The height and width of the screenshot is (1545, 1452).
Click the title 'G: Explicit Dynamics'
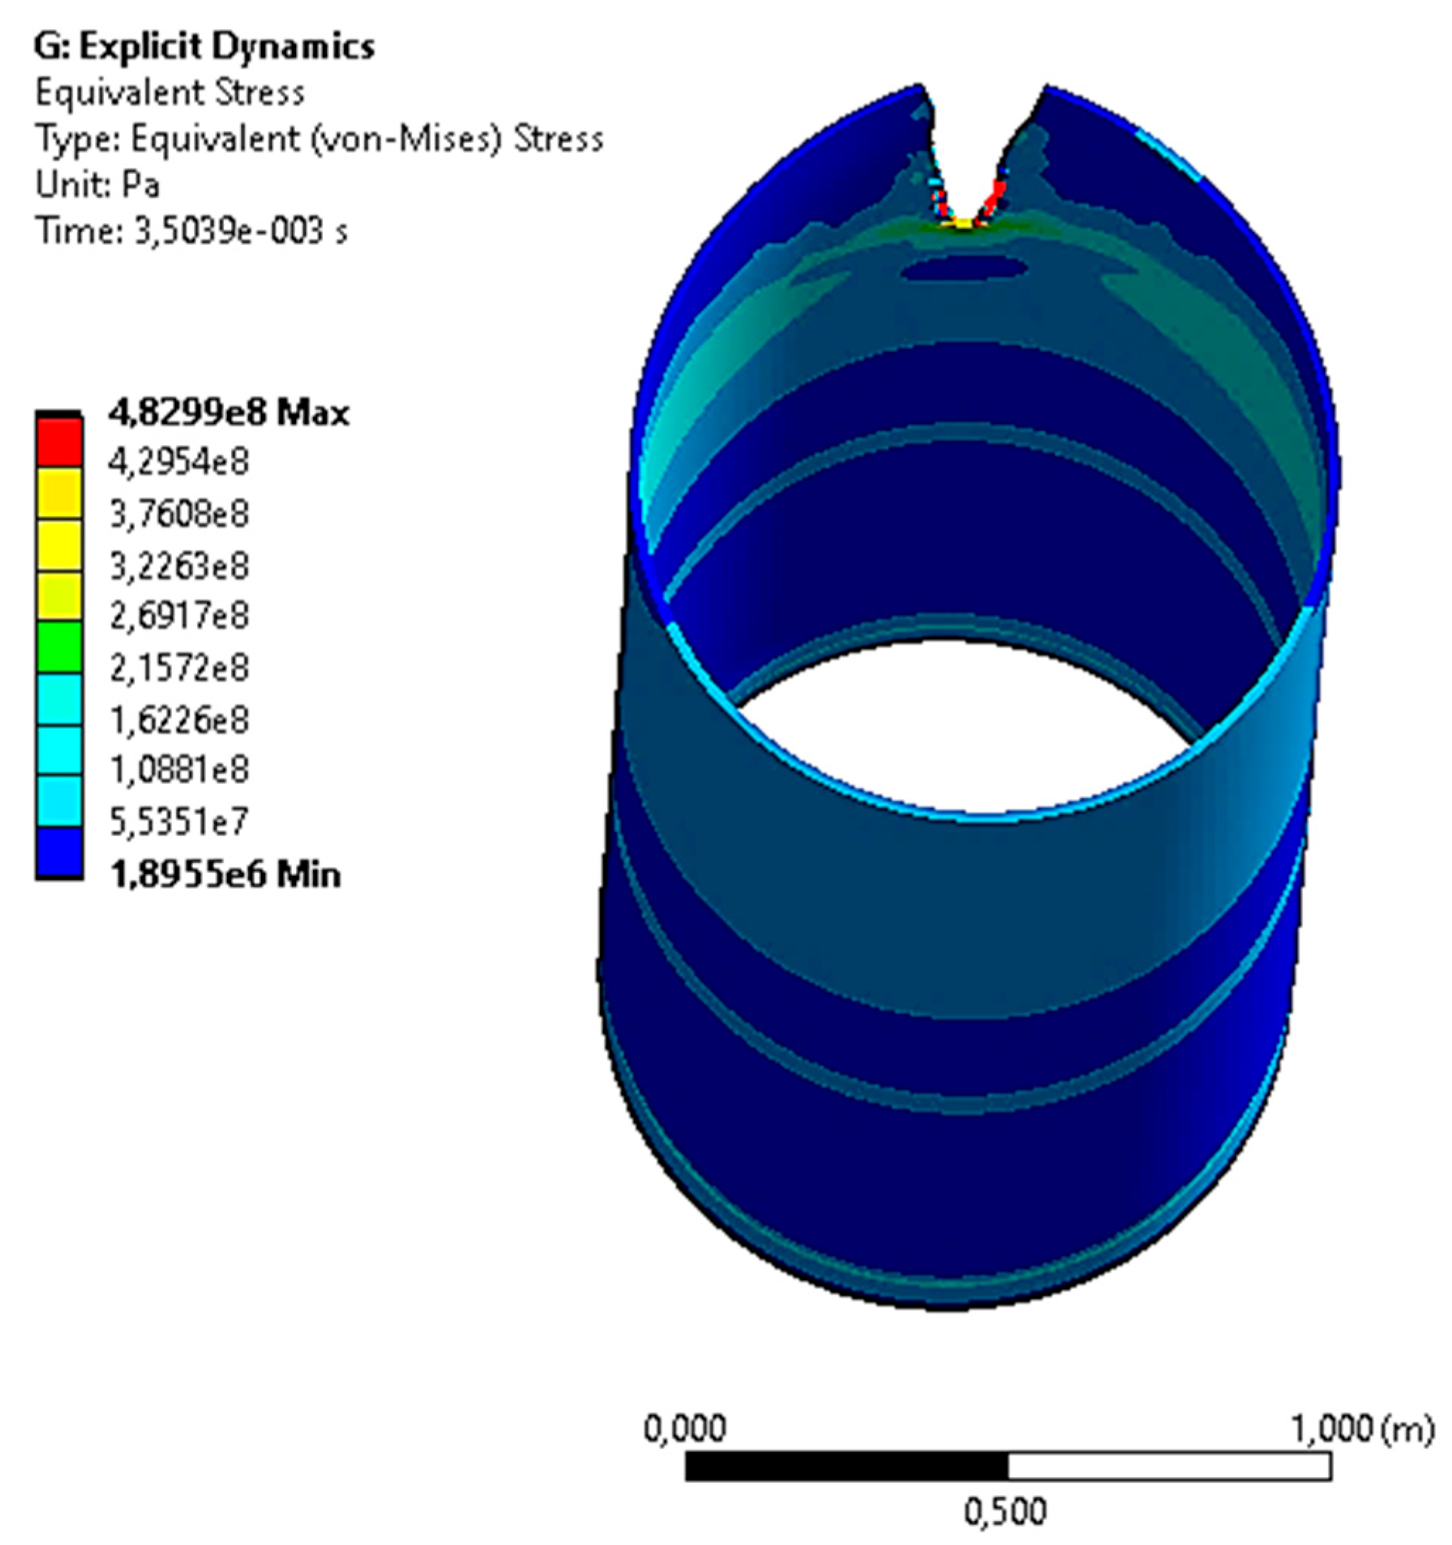coord(204,47)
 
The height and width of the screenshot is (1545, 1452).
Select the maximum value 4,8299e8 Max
coord(228,413)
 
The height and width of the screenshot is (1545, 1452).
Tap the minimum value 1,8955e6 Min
coord(225,875)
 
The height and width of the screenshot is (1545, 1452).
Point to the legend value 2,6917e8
coord(179,616)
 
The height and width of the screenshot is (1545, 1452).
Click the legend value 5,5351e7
coord(179,821)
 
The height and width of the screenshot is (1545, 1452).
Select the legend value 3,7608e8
coord(179,514)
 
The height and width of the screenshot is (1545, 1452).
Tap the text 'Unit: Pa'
coord(98,185)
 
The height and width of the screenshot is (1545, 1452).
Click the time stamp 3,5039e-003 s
coord(241,231)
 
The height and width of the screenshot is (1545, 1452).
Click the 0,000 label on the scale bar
coord(685,1427)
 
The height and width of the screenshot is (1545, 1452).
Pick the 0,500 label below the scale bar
coord(1005,1512)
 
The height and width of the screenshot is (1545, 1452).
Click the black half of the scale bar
coord(846,1466)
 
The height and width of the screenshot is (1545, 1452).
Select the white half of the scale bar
coord(1169,1466)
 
